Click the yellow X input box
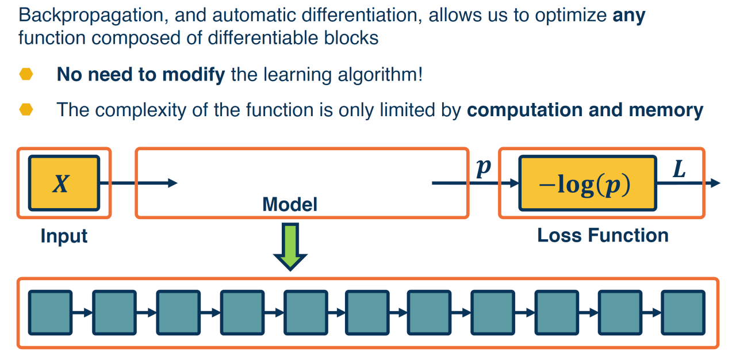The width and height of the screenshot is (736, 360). pos(63,183)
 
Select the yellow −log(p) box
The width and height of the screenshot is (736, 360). pos(587,183)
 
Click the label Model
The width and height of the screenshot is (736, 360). pos(290,204)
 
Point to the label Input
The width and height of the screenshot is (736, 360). pos(64,236)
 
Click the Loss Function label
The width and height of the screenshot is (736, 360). pos(603,235)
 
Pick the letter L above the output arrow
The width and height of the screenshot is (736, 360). pos(679,170)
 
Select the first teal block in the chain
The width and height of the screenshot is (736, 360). pos(51,313)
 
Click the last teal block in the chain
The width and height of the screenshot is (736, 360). pos(683,313)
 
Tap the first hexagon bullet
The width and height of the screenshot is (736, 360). pos(26,75)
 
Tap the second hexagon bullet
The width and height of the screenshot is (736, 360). pos(26,110)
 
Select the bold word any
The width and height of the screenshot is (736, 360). pos(629,16)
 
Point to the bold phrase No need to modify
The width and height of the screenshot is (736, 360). pos(140,75)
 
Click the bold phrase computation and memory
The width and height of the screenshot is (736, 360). pos(585,110)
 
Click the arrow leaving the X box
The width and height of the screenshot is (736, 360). pos(144,183)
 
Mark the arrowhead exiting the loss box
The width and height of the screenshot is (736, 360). pos(715,183)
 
